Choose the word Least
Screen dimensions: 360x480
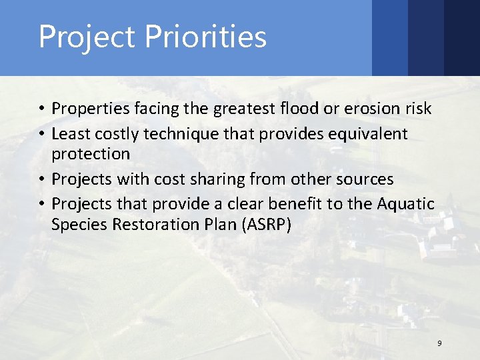pyautogui.click(x=70, y=134)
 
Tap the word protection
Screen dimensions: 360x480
pyautogui.click(x=91, y=154)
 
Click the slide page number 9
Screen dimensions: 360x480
pyautogui.click(x=439, y=343)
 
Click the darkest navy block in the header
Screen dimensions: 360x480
pyautogui.click(x=462, y=37)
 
